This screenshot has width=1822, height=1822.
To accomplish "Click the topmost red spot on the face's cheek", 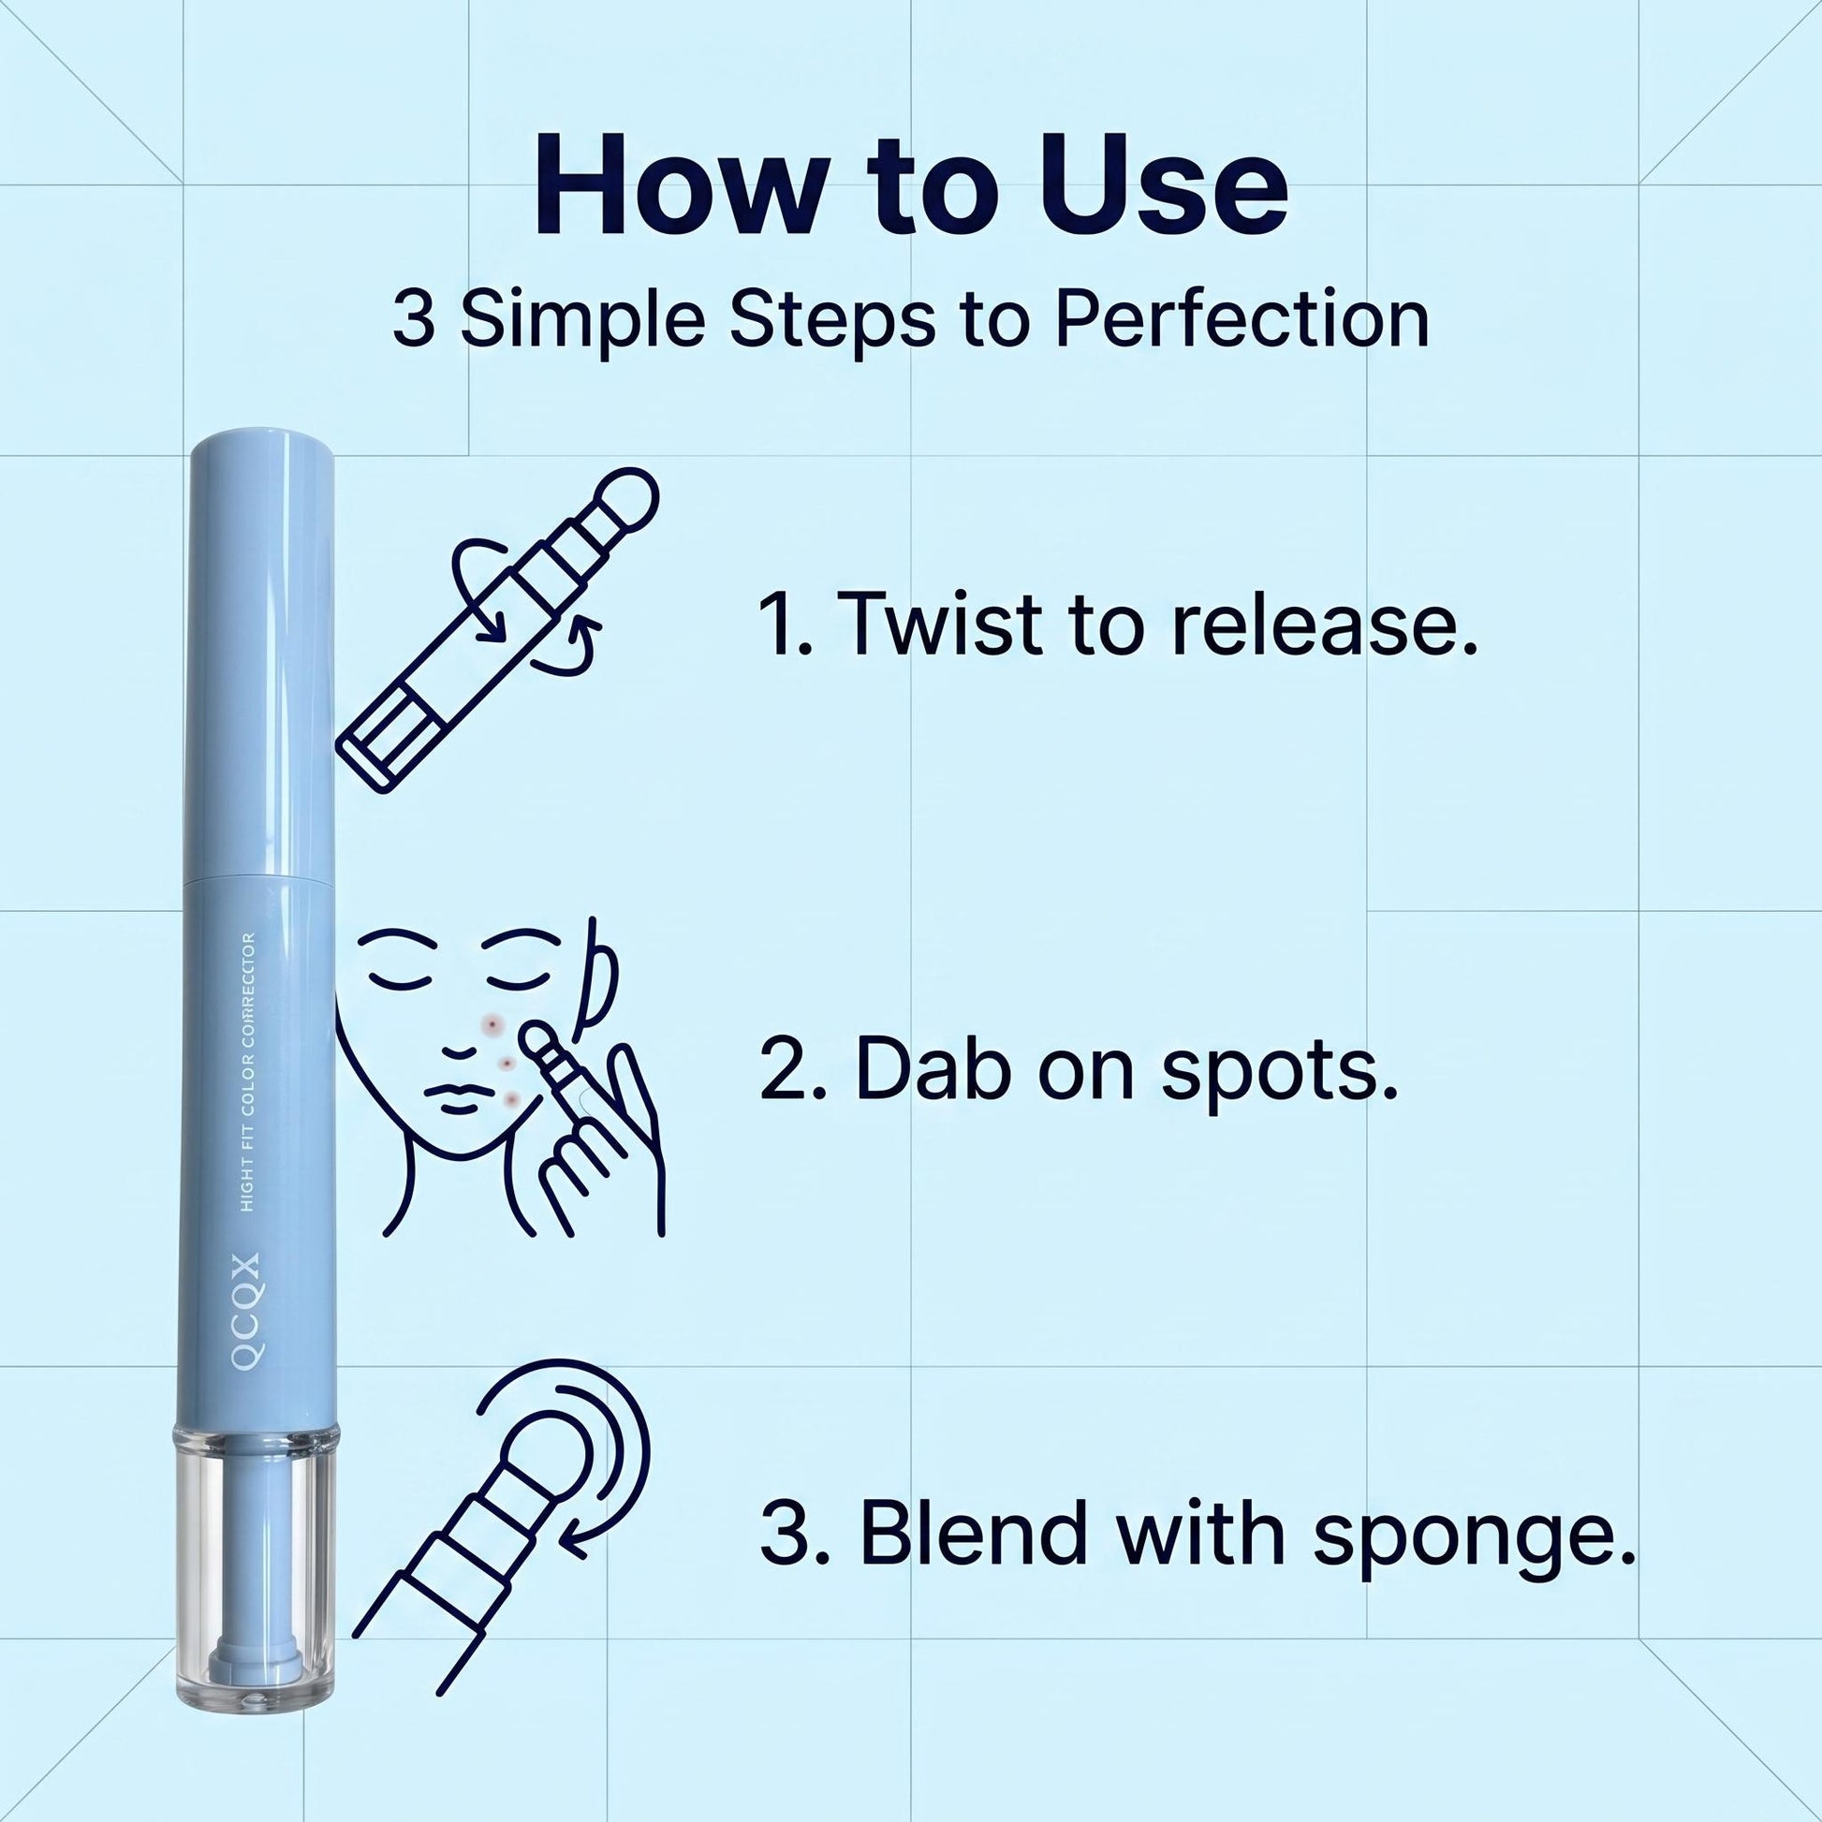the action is (493, 1024).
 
